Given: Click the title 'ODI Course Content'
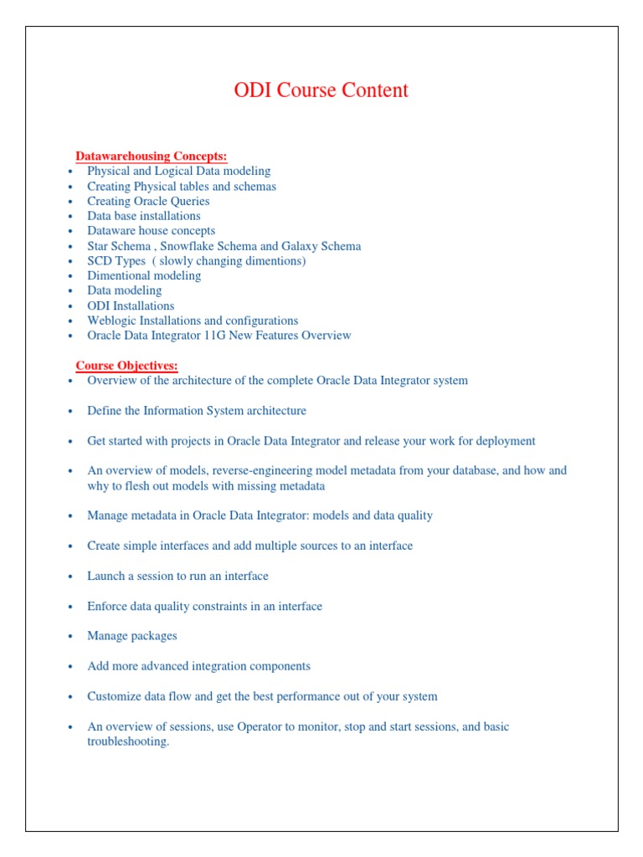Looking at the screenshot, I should [x=321, y=90].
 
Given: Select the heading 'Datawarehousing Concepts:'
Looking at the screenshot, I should [x=152, y=157].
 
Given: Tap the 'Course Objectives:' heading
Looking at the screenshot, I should [x=127, y=366].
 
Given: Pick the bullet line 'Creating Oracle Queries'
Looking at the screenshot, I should [x=148, y=202].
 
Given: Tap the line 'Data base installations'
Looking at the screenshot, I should [x=144, y=216].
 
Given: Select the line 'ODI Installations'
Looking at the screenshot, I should [x=131, y=305].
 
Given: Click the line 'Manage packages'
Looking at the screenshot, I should [x=132, y=636].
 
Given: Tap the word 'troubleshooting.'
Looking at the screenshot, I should [x=128, y=742].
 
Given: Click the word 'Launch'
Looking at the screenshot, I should [x=106, y=576].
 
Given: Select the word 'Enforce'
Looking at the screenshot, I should [x=108, y=606].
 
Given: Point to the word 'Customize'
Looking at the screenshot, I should [x=114, y=696].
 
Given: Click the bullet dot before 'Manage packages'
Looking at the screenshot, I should [x=72, y=637].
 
